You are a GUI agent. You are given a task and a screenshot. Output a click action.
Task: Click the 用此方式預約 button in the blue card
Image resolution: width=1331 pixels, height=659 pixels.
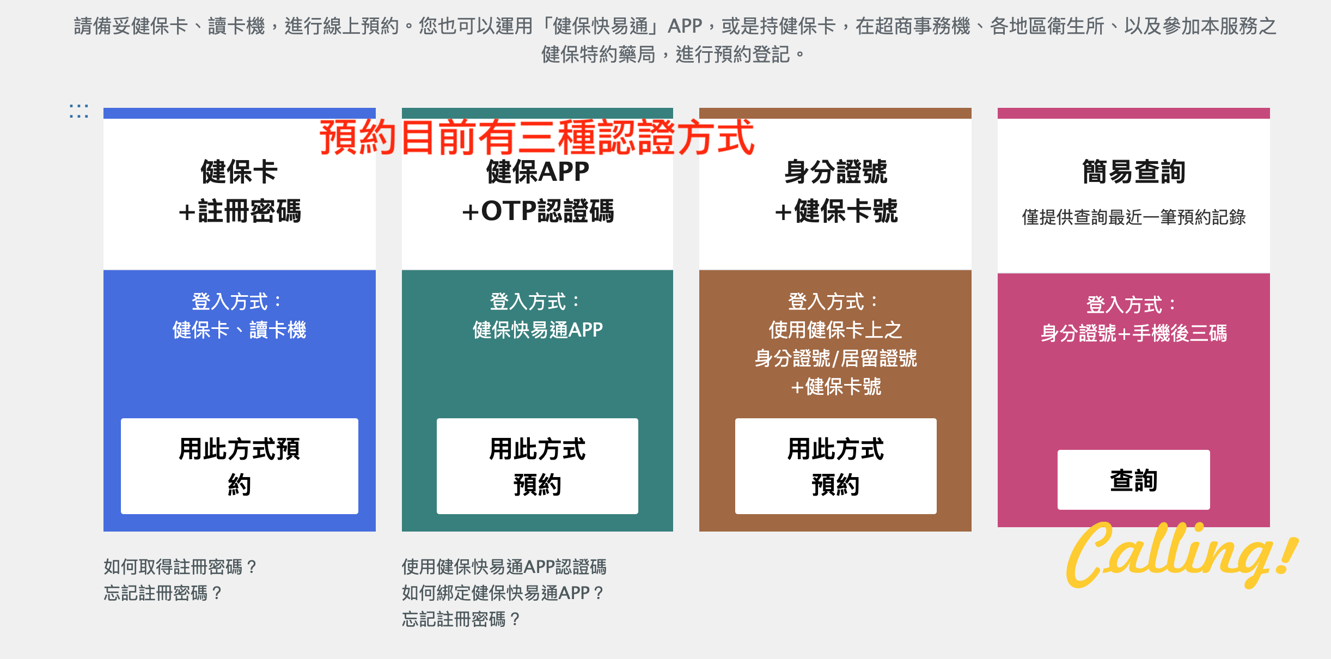[x=240, y=466]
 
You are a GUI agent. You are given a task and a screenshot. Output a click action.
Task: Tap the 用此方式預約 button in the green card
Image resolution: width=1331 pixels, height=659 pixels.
[x=538, y=466]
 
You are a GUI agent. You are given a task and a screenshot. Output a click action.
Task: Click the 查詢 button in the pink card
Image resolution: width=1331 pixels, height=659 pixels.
[x=1134, y=480]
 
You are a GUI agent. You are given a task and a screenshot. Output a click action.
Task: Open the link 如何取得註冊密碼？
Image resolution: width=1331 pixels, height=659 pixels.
[x=180, y=567]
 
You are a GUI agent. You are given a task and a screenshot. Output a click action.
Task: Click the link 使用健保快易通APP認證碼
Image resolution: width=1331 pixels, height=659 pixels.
[x=504, y=567]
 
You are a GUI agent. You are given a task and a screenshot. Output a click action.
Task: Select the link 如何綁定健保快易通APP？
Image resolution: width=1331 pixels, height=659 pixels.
[x=503, y=593]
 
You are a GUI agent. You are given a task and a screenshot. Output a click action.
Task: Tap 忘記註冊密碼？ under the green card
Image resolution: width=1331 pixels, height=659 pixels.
[x=461, y=619]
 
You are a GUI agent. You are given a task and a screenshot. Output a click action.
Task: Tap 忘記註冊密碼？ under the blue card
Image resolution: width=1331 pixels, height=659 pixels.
[x=163, y=593]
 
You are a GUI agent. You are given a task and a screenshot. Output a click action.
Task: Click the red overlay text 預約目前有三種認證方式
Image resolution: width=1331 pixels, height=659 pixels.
[x=537, y=137]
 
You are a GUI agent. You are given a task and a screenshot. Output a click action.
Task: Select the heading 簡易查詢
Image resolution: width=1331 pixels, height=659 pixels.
[x=1134, y=172]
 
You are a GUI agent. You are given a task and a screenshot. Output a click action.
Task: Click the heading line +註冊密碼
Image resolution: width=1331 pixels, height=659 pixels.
[x=240, y=211]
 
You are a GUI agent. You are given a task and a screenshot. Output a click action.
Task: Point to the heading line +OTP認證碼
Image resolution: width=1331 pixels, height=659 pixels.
[x=538, y=211]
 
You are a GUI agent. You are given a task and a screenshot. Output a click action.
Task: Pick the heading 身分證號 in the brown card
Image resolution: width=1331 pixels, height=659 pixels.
[x=836, y=172]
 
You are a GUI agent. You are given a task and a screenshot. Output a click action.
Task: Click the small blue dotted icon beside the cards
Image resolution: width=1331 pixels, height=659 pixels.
[x=79, y=111]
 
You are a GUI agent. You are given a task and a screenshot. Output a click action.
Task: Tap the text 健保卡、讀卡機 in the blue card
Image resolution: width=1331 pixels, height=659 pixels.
[x=240, y=330]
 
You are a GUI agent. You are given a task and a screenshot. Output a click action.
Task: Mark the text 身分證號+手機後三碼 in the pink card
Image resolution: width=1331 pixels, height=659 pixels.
[x=1134, y=333]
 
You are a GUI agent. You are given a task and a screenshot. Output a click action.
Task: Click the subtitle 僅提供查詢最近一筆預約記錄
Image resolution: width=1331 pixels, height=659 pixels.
[x=1134, y=217]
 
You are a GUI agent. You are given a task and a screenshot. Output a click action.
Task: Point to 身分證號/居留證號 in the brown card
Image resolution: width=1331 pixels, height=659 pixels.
[x=836, y=358]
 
